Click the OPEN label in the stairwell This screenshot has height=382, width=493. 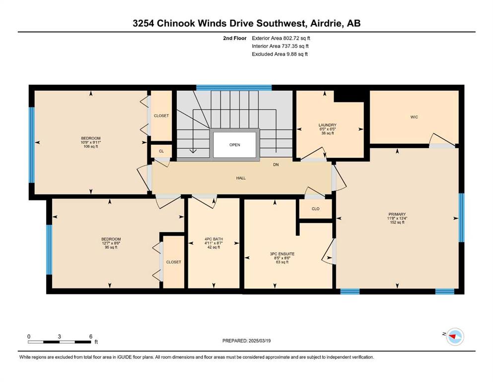coord(234,145)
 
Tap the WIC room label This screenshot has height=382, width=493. coord(414,117)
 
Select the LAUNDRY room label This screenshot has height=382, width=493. coord(327,125)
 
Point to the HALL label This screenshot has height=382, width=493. coord(241,178)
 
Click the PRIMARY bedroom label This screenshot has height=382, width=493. coord(397,214)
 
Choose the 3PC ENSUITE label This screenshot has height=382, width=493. coord(282,254)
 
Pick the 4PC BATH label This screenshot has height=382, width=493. coord(214,239)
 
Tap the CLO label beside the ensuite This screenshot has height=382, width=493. coord(315,209)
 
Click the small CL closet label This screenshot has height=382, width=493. coord(161,151)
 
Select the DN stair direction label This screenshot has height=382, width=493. coord(276,165)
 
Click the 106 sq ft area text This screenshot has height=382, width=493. coord(91,146)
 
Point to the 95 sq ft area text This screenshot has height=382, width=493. coord(111,247)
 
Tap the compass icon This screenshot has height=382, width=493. coord(455,336)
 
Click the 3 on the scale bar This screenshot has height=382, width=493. coord(59,336)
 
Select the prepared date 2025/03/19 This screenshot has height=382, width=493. coord(260,341)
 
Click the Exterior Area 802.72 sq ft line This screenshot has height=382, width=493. coord(281,38)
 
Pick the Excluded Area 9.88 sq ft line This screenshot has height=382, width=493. coord(280,54)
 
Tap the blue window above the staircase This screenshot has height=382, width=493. coord(234,88)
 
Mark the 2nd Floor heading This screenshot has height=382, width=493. coord(235,38)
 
